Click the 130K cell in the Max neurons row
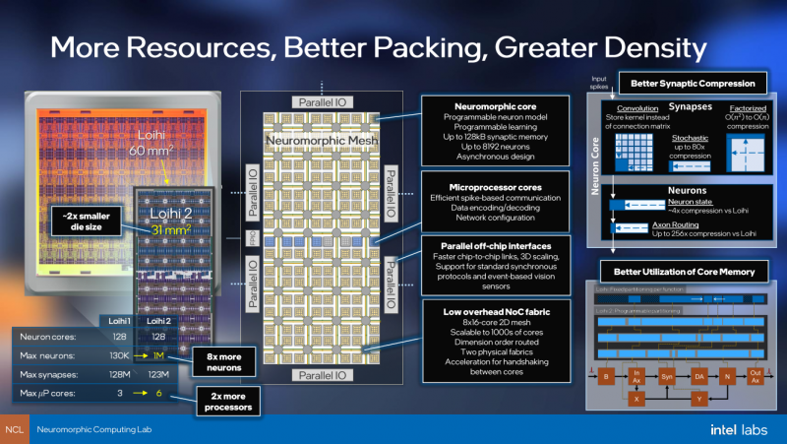(121, 355)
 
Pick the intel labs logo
(740, 430)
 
